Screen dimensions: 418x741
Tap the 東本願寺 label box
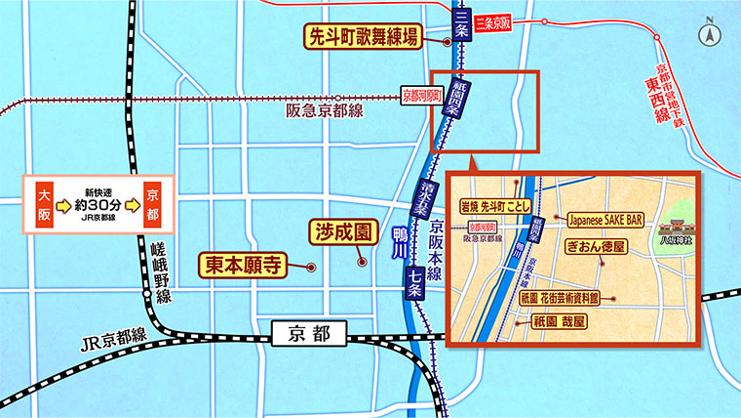click(248, 264)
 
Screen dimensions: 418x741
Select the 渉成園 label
click(343, 233)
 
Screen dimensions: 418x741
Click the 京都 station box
click(310, 334)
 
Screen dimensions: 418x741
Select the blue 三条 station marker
click(461, 23)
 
